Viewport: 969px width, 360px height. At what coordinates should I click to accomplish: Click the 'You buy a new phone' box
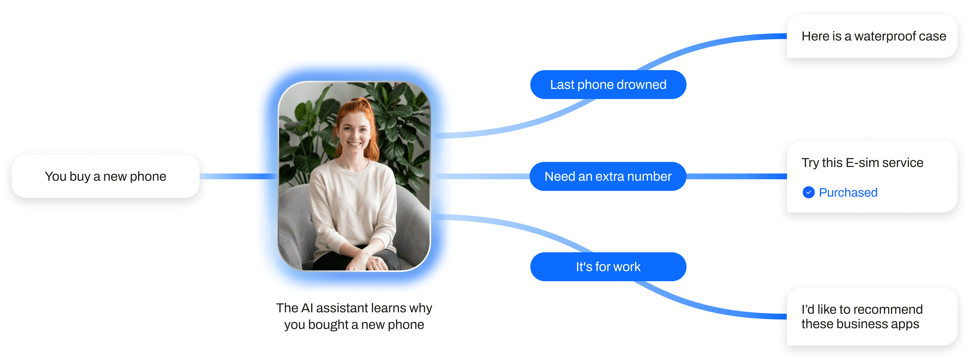pyautogui.click(x=105, y=176)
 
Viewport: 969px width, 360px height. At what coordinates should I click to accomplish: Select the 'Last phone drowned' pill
pyautogui.click(x=608, y=85)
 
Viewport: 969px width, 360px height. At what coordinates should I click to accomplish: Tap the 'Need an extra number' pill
pyautogui.click(x=608, y=176)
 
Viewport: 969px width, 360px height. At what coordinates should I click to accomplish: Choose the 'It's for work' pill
pyautogui.click(x=608, y=267)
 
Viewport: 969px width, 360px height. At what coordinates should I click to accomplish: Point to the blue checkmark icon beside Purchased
pyautogui.click(x=808, y=192)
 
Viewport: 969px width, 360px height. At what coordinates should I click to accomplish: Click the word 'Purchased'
pyautogui.click(x=848, y=193)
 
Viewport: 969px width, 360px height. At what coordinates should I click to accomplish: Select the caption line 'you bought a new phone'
pyautogui.click(x=354, y=325)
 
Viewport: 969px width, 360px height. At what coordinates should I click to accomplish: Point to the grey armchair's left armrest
pyautogui.click(x=295, y=226)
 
